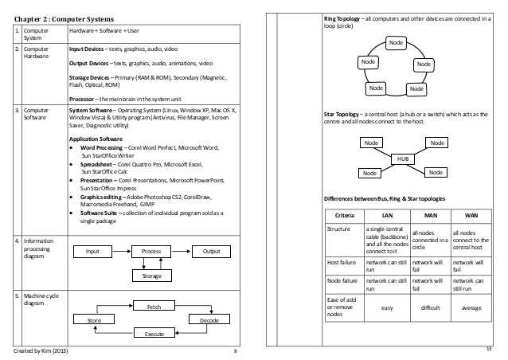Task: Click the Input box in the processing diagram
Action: click(92, 251)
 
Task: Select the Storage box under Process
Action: click(150, 276)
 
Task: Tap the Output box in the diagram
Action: click(211, 251)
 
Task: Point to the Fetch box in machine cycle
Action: click(154, 307)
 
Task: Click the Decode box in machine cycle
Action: click(209, 319)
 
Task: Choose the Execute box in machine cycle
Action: click(154, 334)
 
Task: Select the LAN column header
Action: click(388, 216)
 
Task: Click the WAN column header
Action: click(471, 216)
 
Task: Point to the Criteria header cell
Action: click(345, 216)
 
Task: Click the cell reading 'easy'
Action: click(388, 307)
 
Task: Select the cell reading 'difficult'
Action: click(430, 307)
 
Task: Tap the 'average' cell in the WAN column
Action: click(471, 307)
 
